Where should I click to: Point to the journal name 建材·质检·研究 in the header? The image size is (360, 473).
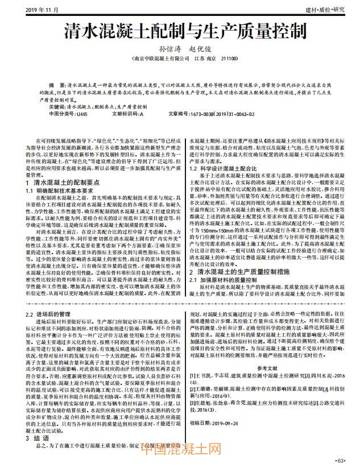point(325,10)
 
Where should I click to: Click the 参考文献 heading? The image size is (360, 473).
point(268,368)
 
